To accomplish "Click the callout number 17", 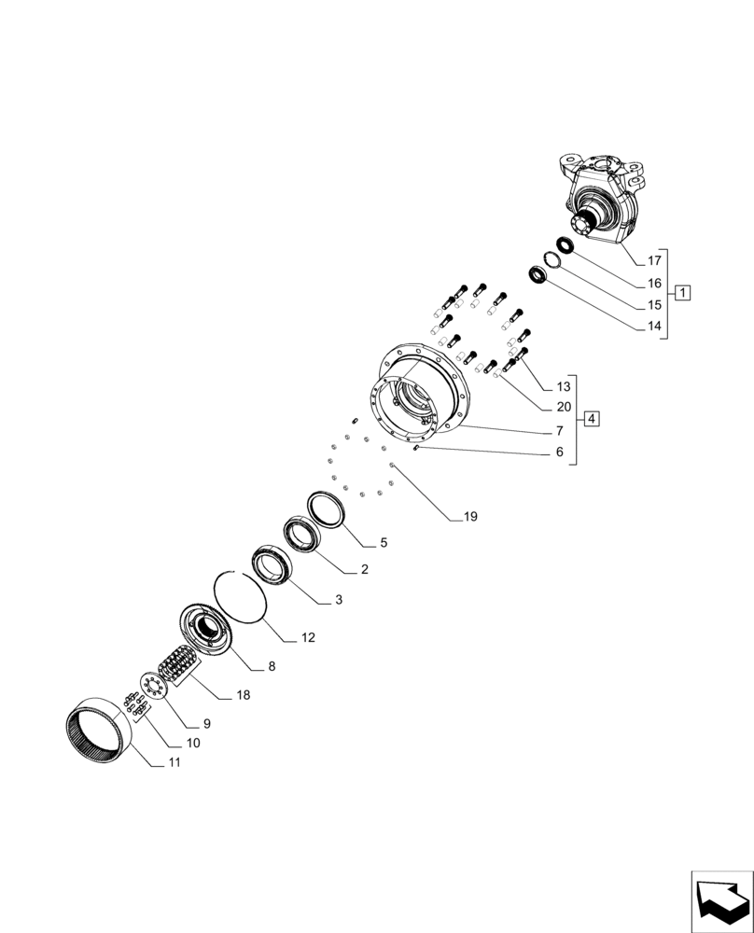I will click(x=653, y=260).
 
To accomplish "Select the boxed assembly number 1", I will click(x=683, y=293).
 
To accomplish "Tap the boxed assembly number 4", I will click(x=591, y=418).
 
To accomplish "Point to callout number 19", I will click(x=468, y=516).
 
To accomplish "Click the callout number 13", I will click(x=563, y=386).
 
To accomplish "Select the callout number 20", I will click(x=563, y=407).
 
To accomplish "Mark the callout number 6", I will click(x=559, y=452).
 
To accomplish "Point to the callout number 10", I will click(x=193, y=744).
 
